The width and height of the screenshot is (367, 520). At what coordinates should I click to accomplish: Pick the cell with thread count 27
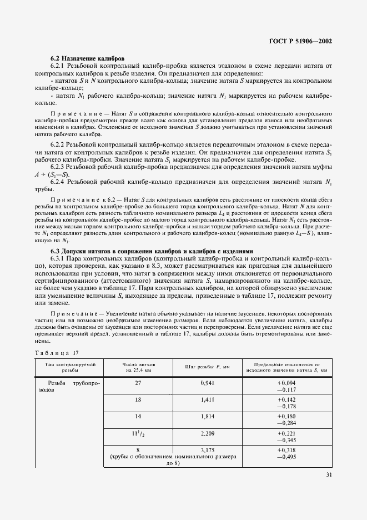tap(138, 383)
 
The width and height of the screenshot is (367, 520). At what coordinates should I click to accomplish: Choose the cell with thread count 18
tap(138, 399)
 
